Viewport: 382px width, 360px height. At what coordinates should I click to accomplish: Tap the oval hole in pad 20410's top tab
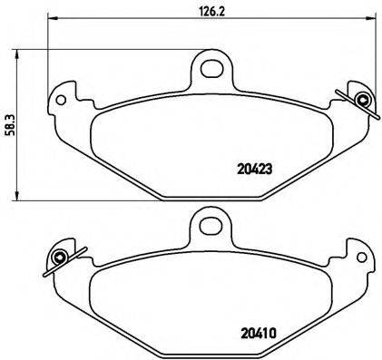211,223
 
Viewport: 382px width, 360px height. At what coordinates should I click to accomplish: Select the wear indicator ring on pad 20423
363,100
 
